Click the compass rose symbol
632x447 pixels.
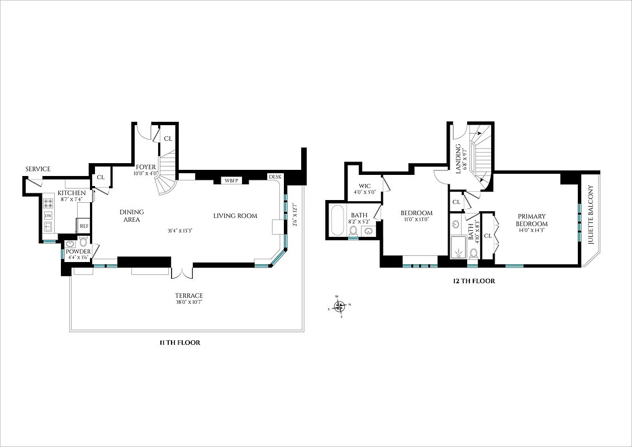point(339,306)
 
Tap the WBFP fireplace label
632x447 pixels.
point(232,180)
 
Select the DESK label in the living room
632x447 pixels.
point(275,177)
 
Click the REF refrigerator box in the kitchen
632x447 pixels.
point(84,226)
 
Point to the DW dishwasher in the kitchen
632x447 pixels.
point(48,216)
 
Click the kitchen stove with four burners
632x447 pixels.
point(48,205)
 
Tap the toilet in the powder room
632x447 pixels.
point(83,242)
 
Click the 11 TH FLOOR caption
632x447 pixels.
point(179,343)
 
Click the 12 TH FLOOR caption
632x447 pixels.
point(474,281)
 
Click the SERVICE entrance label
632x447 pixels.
point(38,169)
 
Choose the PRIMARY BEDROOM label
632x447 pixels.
point(531,220)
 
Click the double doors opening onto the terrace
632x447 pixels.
point(182,272)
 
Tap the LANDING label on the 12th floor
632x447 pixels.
point(458,159)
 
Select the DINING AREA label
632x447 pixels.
point(132,216)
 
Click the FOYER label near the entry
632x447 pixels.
point(146,167)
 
